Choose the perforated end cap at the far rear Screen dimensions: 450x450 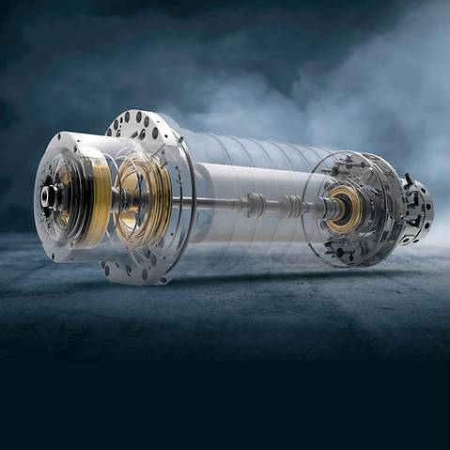(414, 209)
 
